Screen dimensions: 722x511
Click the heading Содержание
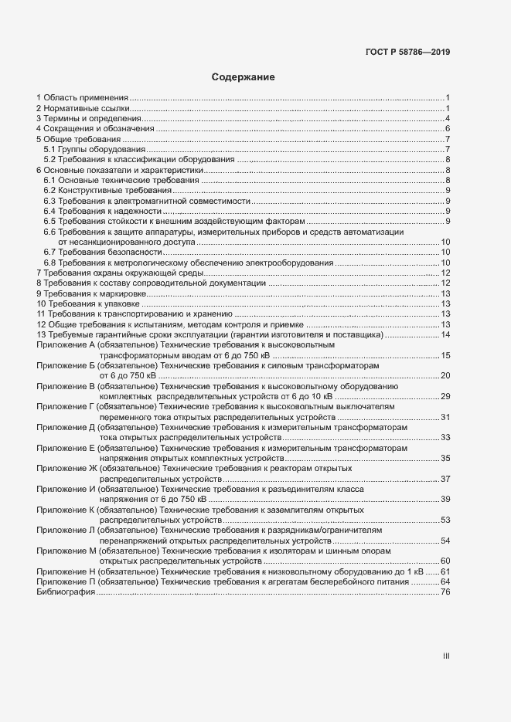coord(244,77)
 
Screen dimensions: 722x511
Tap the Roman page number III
coord(446,656)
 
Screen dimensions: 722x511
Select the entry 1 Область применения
coord(82,97)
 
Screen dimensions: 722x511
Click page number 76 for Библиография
coord(445,592)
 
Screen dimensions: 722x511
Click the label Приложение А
coord(66,345)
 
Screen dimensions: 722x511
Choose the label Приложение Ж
coord(66,468)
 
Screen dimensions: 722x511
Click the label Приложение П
coord(66,581)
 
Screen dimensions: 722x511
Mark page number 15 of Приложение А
coord(445,355)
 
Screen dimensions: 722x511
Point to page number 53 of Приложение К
coord(445,520)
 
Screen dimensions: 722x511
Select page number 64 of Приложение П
coord(445,581)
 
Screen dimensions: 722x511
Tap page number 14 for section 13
coord(445,334)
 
